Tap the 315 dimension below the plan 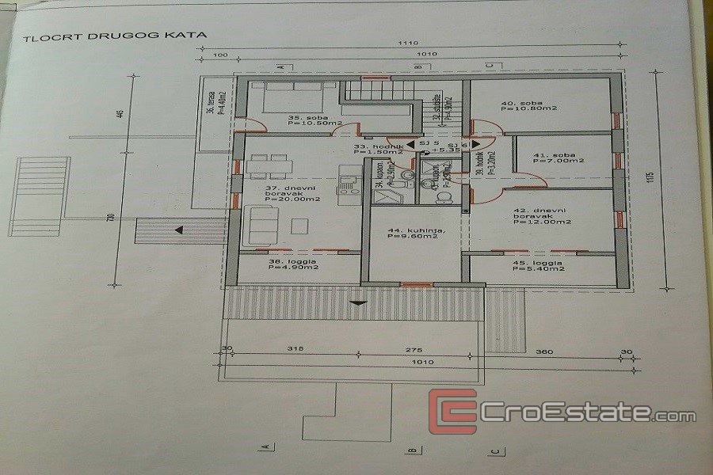coord(295,349)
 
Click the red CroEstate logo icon coord(452,412)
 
